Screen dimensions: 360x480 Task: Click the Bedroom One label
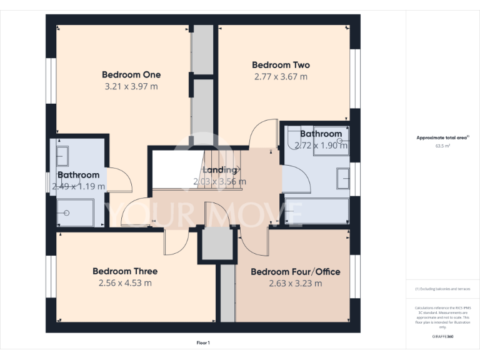tap(131, 75)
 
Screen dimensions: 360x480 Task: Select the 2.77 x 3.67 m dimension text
tap(281, 77)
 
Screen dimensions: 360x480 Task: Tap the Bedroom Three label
tap(125, 271)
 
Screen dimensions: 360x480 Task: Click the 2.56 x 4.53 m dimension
tap(125, 283)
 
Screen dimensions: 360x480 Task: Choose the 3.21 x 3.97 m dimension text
tap(131, 87)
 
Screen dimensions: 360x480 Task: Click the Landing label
tap(219, 170)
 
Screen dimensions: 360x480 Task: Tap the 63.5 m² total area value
tap(442, 146)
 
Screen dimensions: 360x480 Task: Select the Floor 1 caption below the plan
tap(203, 342)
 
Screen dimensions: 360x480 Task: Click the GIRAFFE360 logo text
tap(442, 336)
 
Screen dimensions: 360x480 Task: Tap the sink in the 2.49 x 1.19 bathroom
tap(62, 155)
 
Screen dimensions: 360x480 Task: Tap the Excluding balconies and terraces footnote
tap(442, 289)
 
